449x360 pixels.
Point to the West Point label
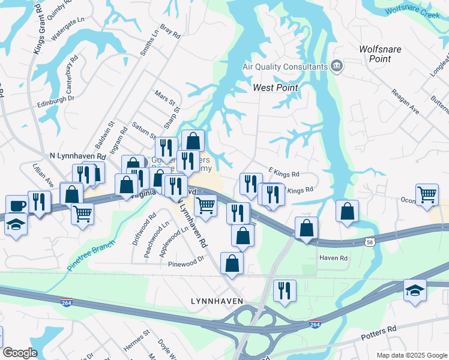[275, 88]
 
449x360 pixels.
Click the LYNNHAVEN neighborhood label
[217, 301]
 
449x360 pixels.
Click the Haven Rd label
[334, 258]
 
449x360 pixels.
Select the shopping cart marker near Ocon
[427, 194]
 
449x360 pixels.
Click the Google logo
[19, 353]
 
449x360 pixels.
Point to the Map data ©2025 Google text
[411, 355]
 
